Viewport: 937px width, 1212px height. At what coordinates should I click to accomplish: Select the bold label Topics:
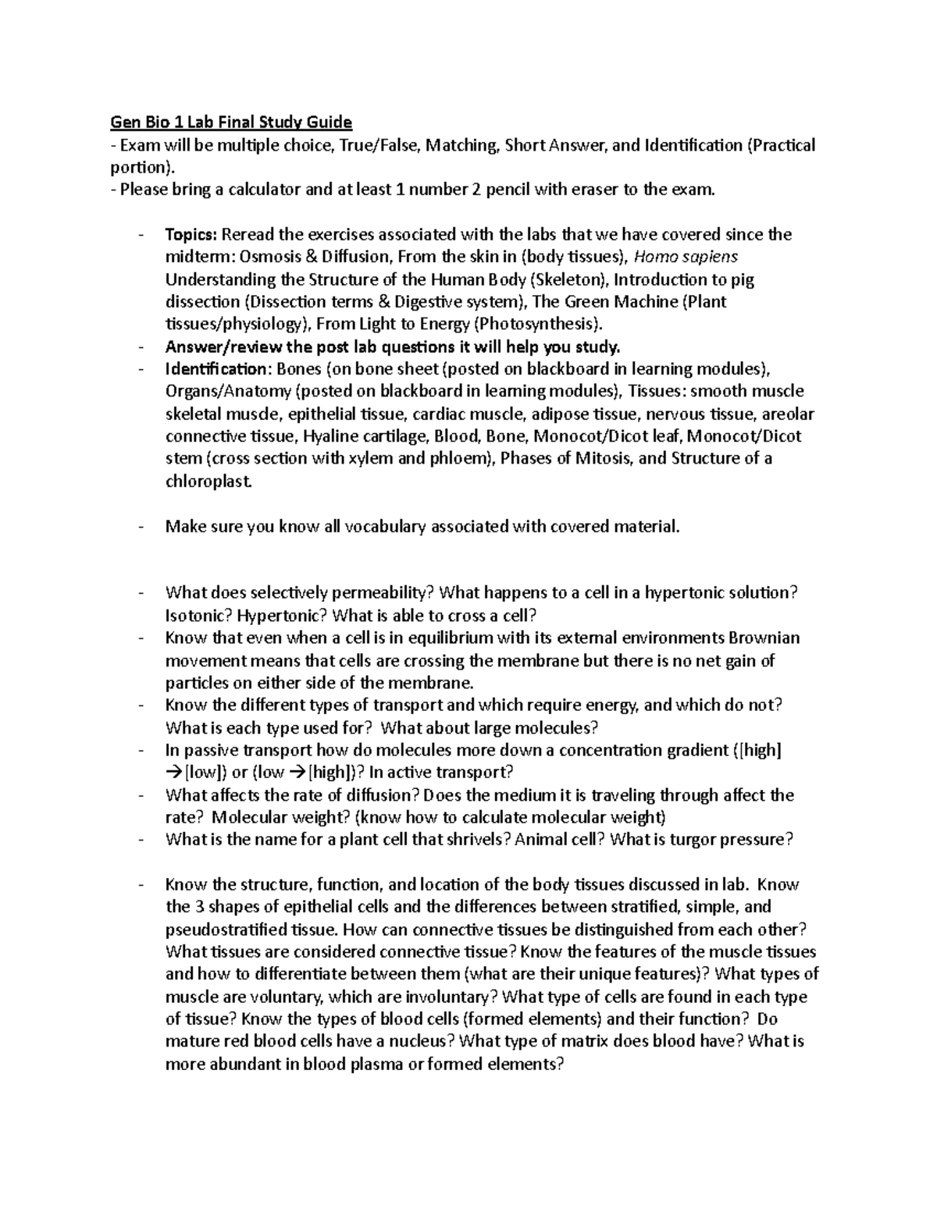click(x=194, y=235)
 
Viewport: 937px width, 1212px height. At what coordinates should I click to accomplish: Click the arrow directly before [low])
click(x=174, y=773)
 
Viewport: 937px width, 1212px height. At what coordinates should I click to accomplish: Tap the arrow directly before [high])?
click(x=299, y=773)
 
